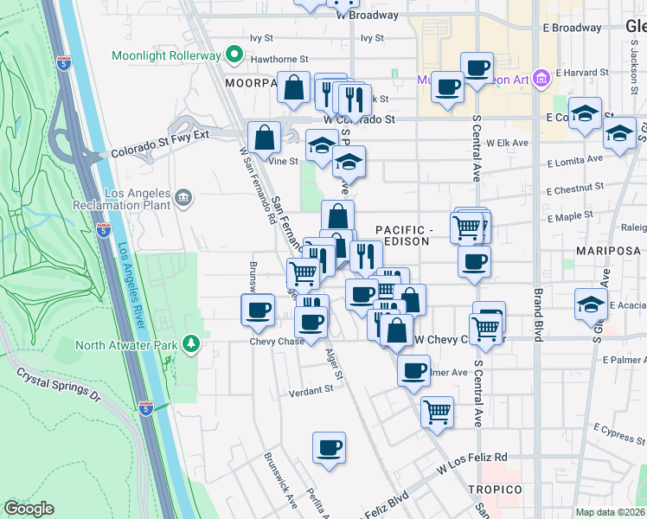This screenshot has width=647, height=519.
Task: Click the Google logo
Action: point(29,509)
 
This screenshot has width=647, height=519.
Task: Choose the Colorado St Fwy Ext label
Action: point(161,146)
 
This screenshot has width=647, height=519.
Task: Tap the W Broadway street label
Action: point(367,15)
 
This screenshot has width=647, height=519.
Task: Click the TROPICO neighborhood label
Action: point(497,490)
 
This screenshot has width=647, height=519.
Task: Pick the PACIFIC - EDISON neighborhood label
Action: point(403,235)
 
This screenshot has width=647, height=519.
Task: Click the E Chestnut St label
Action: point(574,186)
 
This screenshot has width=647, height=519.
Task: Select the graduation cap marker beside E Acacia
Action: point(591,303)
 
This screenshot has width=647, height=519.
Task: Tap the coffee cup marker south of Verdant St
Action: point(328,448)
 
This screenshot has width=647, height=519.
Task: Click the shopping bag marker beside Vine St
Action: point(264,138)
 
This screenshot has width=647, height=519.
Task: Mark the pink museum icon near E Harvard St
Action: point(542,80)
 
